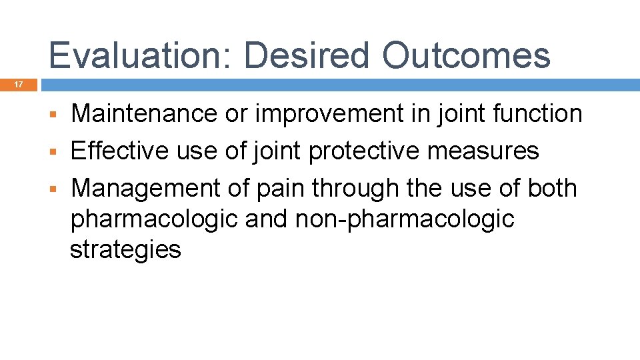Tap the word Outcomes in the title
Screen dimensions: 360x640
[x=467, y=55]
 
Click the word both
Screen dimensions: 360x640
[x=551, y=189]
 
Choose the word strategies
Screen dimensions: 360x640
[x=125, y=250]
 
